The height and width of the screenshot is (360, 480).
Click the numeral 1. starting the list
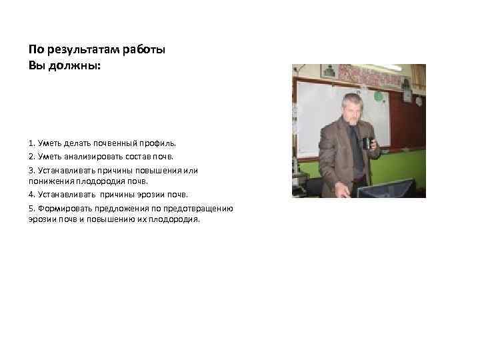(33, 143)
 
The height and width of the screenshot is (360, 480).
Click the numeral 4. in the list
(33, 195)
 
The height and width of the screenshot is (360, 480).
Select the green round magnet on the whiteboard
(379, 97)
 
